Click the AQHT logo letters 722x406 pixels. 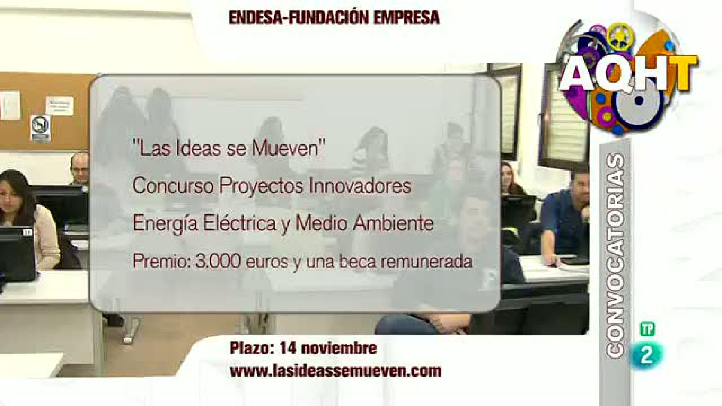627,73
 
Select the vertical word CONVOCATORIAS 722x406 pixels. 616,255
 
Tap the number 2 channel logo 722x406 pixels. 647,355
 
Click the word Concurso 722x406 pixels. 173,186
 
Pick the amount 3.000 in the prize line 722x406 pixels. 218,262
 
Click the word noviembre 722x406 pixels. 338,348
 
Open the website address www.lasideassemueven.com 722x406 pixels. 335,371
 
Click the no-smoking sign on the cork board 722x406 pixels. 40,128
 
